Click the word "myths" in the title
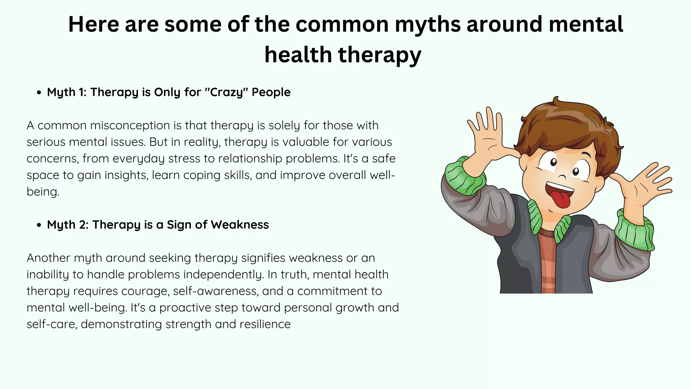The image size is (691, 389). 427,24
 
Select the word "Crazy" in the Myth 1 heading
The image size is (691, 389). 226,92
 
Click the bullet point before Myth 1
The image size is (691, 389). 39,93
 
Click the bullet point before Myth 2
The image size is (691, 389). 39,225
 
